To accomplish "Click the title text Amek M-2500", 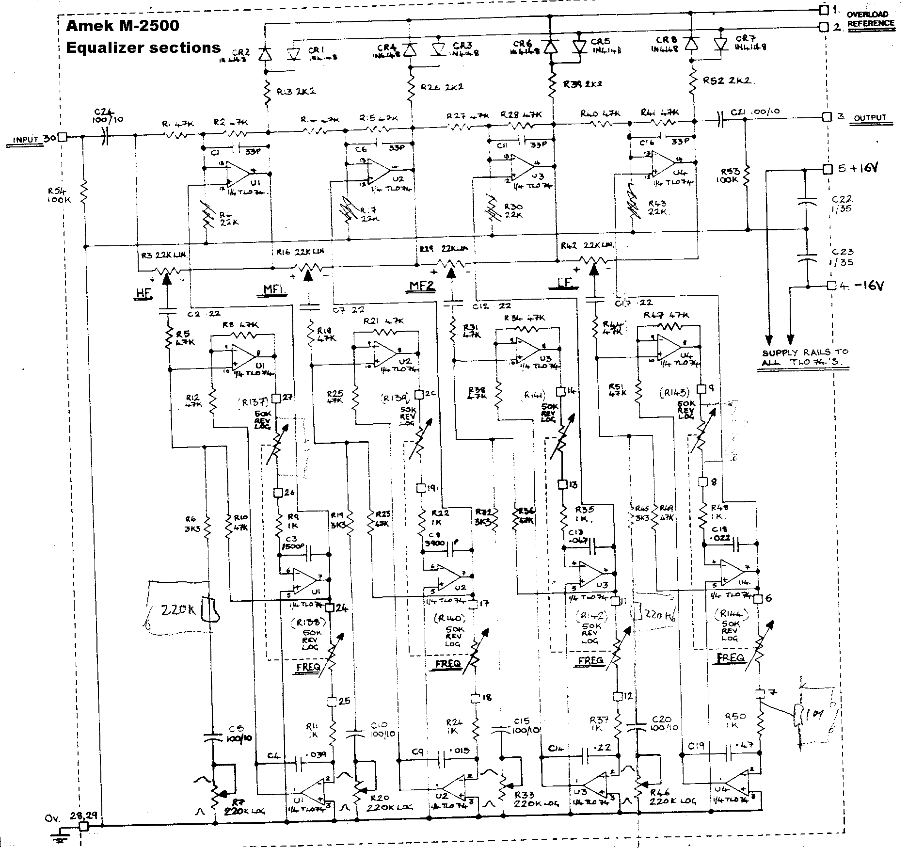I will pyautogui.click(x=122, y=26).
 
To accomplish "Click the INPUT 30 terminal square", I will pyautogui.click(x=63, y=137).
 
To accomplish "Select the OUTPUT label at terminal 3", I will pyautogui.click(x=870, y=118).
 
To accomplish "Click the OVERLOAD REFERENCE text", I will pyautogui.click(x=870, y=19).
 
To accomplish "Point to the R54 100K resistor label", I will pyautogui.click(x=59, y=194).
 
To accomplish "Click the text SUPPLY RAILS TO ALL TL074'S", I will pyautogui.click(x=805, y=357).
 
